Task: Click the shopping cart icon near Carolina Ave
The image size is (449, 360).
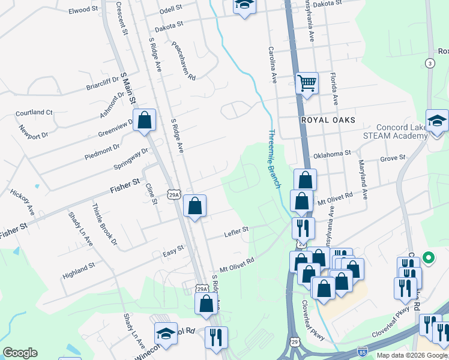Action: (x=307, y=83)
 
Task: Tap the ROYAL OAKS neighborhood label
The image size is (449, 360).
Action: (x=329, y=120)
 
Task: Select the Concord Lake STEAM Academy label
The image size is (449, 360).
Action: (x=401, y=131)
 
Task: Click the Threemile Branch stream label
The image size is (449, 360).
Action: (x=274, y=159)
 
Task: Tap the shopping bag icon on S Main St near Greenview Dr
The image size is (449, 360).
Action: (x=145, y=120)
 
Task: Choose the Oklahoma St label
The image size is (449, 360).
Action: (x=332, y=154)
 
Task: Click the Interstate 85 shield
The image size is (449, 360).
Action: (x=363, y=350)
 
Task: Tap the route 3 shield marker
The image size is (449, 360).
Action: (x=430, y=63)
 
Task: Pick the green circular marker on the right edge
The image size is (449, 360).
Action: (x=428, y=258)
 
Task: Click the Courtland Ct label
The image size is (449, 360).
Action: (x=34, y=112)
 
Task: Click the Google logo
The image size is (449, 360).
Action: (x=20, y=353)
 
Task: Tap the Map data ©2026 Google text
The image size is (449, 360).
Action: (x=411, y=355)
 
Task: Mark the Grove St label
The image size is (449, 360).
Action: (x=393, y=158)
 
